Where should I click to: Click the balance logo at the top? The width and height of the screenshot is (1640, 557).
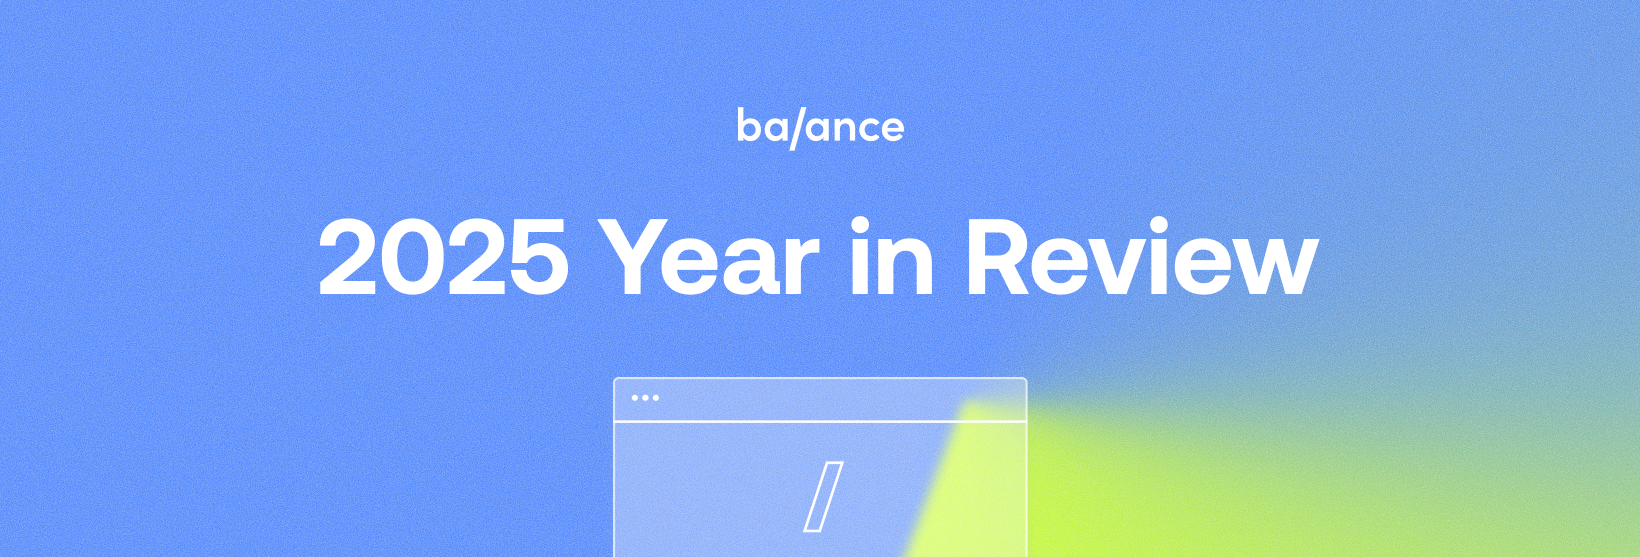click(x=821, y=128)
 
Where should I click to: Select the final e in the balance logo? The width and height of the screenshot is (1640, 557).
click(x=891, y=129)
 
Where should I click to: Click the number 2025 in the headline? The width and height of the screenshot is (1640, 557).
click(x=443, y=258)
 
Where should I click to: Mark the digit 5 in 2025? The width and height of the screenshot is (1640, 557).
click(x=539, y=258)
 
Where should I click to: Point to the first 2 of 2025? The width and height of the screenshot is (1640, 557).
click(x=349, y=257)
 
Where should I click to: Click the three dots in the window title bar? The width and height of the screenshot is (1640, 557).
click(x=645, y=398)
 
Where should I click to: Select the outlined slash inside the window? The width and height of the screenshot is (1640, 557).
click(x=824, y=497)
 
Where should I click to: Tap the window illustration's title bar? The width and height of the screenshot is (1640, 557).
click(x=820, y=400)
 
